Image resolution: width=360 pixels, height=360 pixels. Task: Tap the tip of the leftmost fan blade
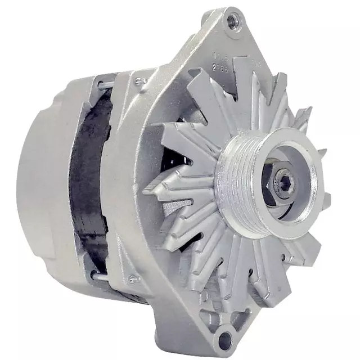(x=147, y=191)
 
